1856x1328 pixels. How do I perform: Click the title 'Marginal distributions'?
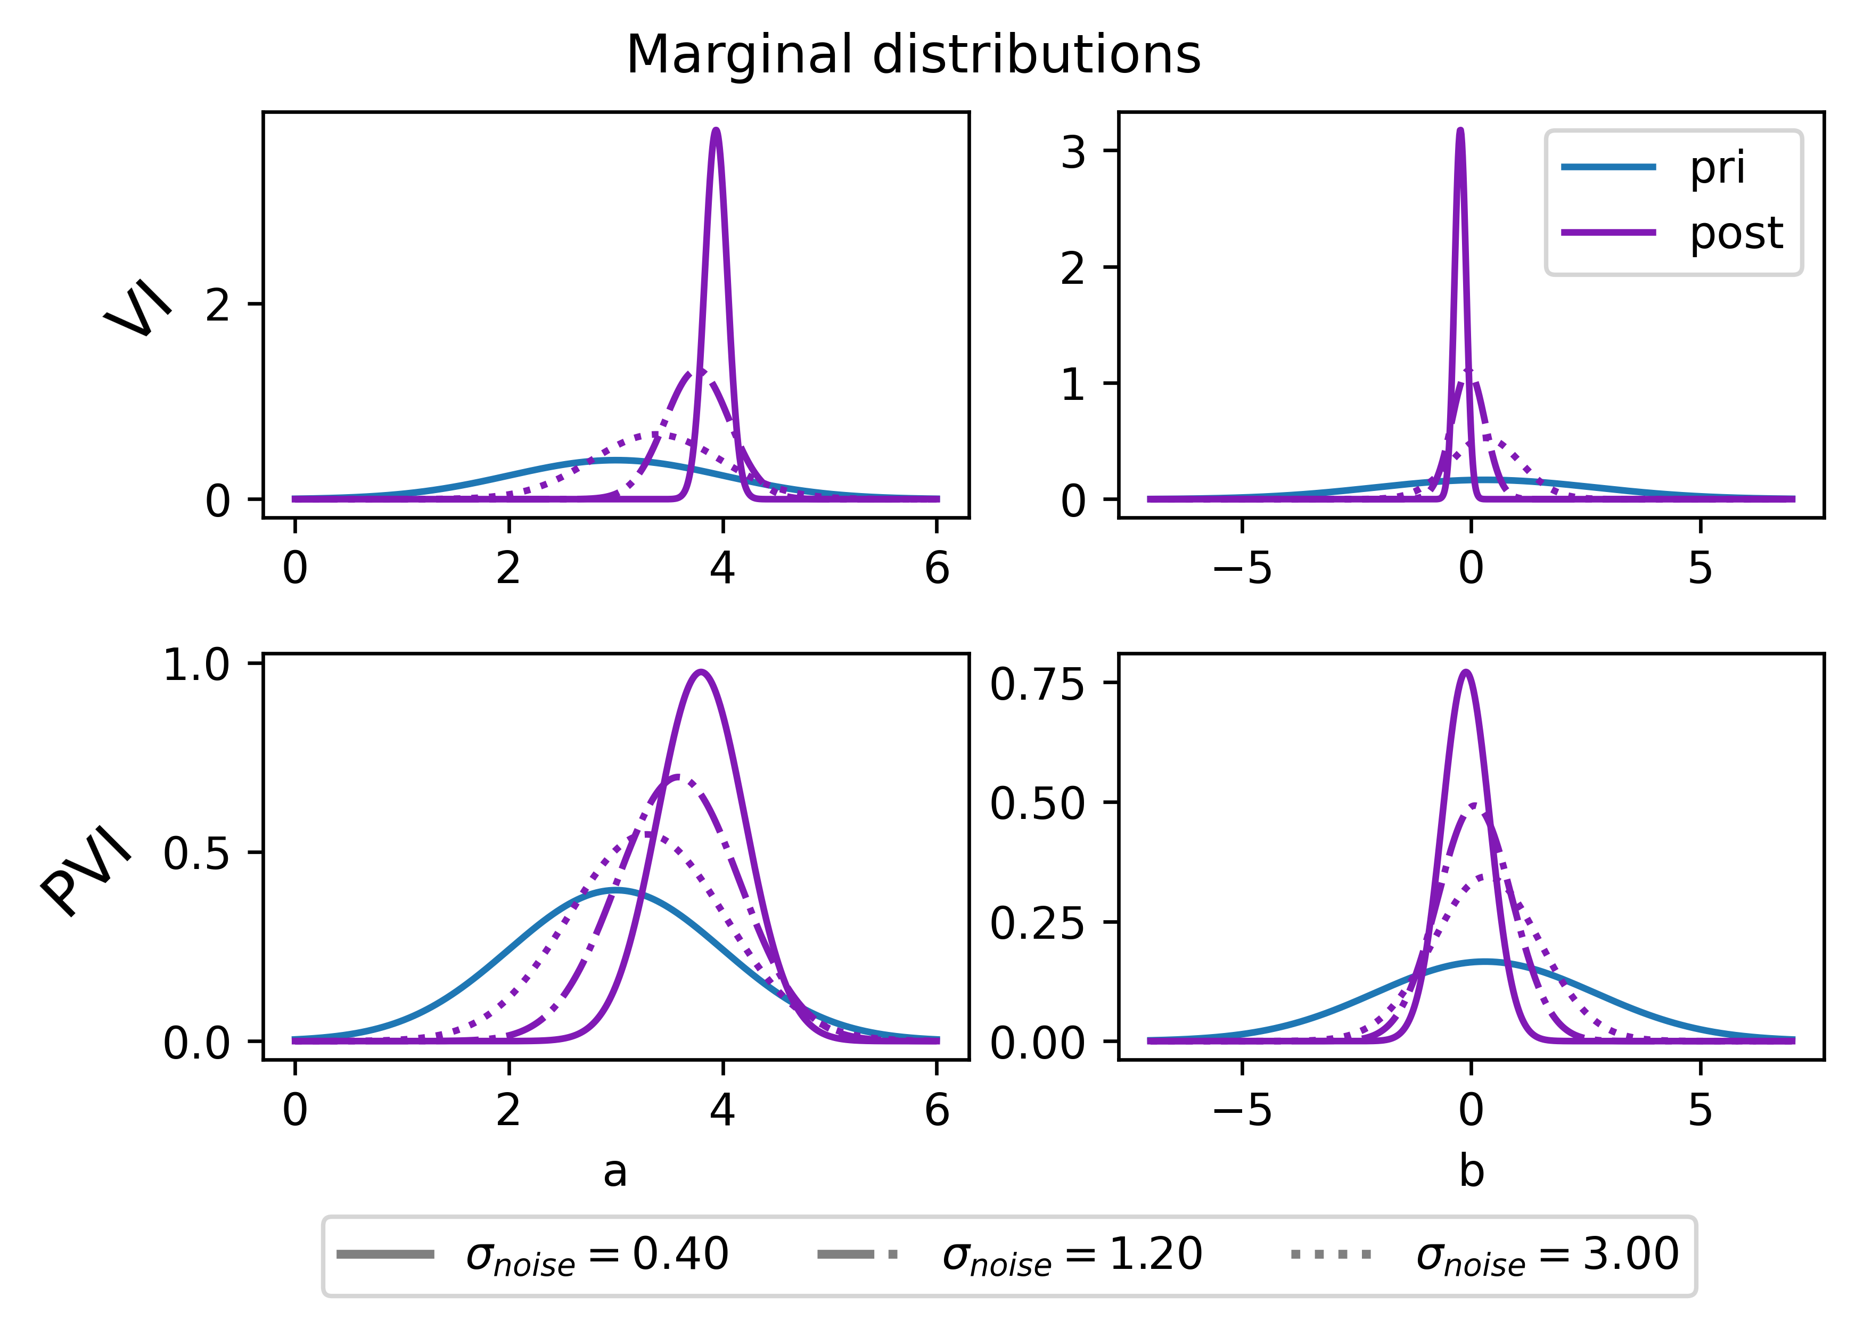point(913,55)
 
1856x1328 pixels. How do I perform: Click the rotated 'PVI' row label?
point(86,871)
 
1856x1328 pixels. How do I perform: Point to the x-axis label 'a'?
point(615,1171)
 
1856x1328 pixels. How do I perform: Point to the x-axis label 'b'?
point(1471,1171)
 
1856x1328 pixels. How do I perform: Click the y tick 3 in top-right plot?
point(1073,152)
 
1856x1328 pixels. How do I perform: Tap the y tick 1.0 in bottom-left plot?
point(196,664)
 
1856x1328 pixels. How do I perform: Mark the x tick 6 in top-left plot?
point(937,568)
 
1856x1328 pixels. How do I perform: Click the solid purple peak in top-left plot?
point(716,131)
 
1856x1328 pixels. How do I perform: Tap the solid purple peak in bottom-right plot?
point(1465,673)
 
